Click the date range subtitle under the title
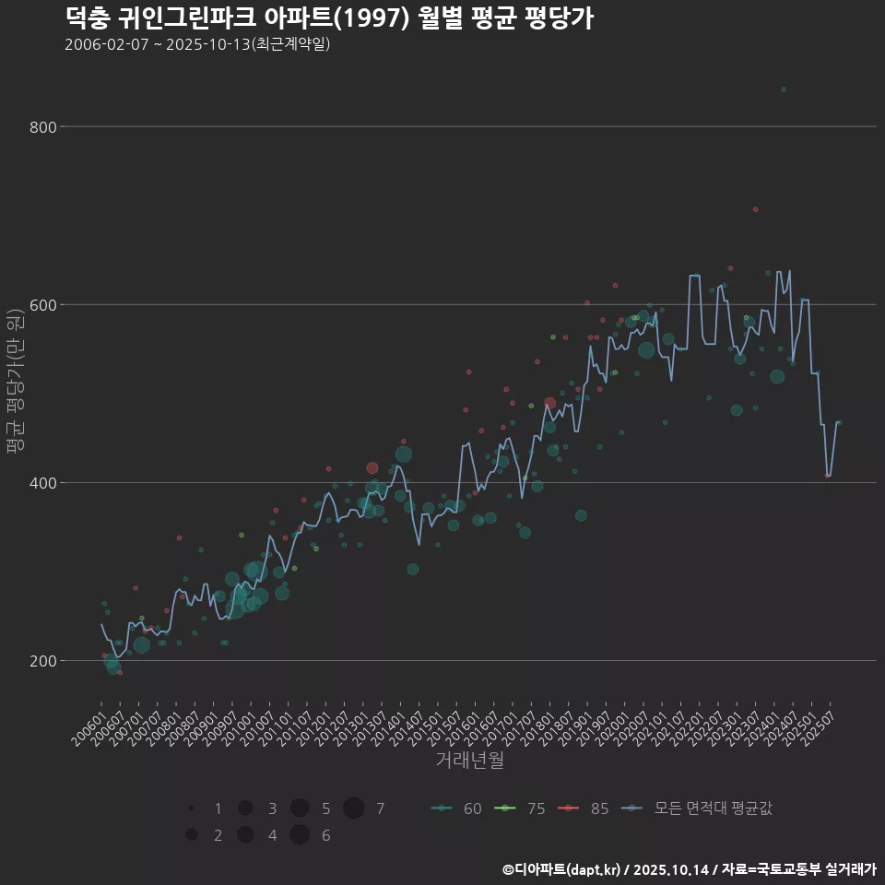click(x=197, y=44)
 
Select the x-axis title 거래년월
click(x=469, y=761)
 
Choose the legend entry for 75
click(x=520, y=808)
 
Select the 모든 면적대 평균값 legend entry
click(x=698, y=808)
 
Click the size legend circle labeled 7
click(x=354, y=808)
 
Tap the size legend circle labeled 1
click(x=191, y=808)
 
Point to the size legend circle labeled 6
click(x=299, y=835)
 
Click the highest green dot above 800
click(x=784, y=89)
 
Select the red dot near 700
click(x=755, y=209)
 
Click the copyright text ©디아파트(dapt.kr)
click(x=563, y=869)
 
